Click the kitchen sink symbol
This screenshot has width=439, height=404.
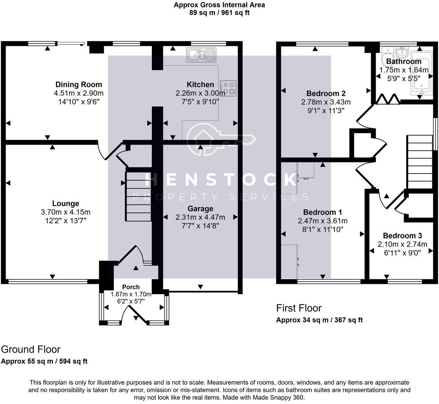pyautogui.click(x=200, y=55)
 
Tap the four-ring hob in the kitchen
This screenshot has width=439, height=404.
pyautogui.click(x=228, y=88)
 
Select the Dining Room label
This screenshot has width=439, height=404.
pyautogui.click(x=79, y=84)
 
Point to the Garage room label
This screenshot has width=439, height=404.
pyautogui.click(x=200, y=209)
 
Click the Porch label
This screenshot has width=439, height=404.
pyautogui.click(x=131, y=287)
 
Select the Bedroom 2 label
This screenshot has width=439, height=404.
pyautogui.click(x=326, y=93)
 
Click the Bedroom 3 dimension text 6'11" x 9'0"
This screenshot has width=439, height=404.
pyautogui.click(x=402, y=252)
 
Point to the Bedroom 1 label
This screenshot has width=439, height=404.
pyautogui.click(x=322, y=212)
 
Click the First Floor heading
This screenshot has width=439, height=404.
pyautogui.click(x=299, y=308)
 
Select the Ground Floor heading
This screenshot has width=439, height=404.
pyautogui.click(x=31, y=349)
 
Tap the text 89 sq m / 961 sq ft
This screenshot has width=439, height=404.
pyautogui.click(x=219, y=12)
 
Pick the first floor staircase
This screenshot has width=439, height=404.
pyautogui.click(x=420, y=161)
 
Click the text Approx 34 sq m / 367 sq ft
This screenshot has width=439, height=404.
pyautogui.click(x=319, y=320)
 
